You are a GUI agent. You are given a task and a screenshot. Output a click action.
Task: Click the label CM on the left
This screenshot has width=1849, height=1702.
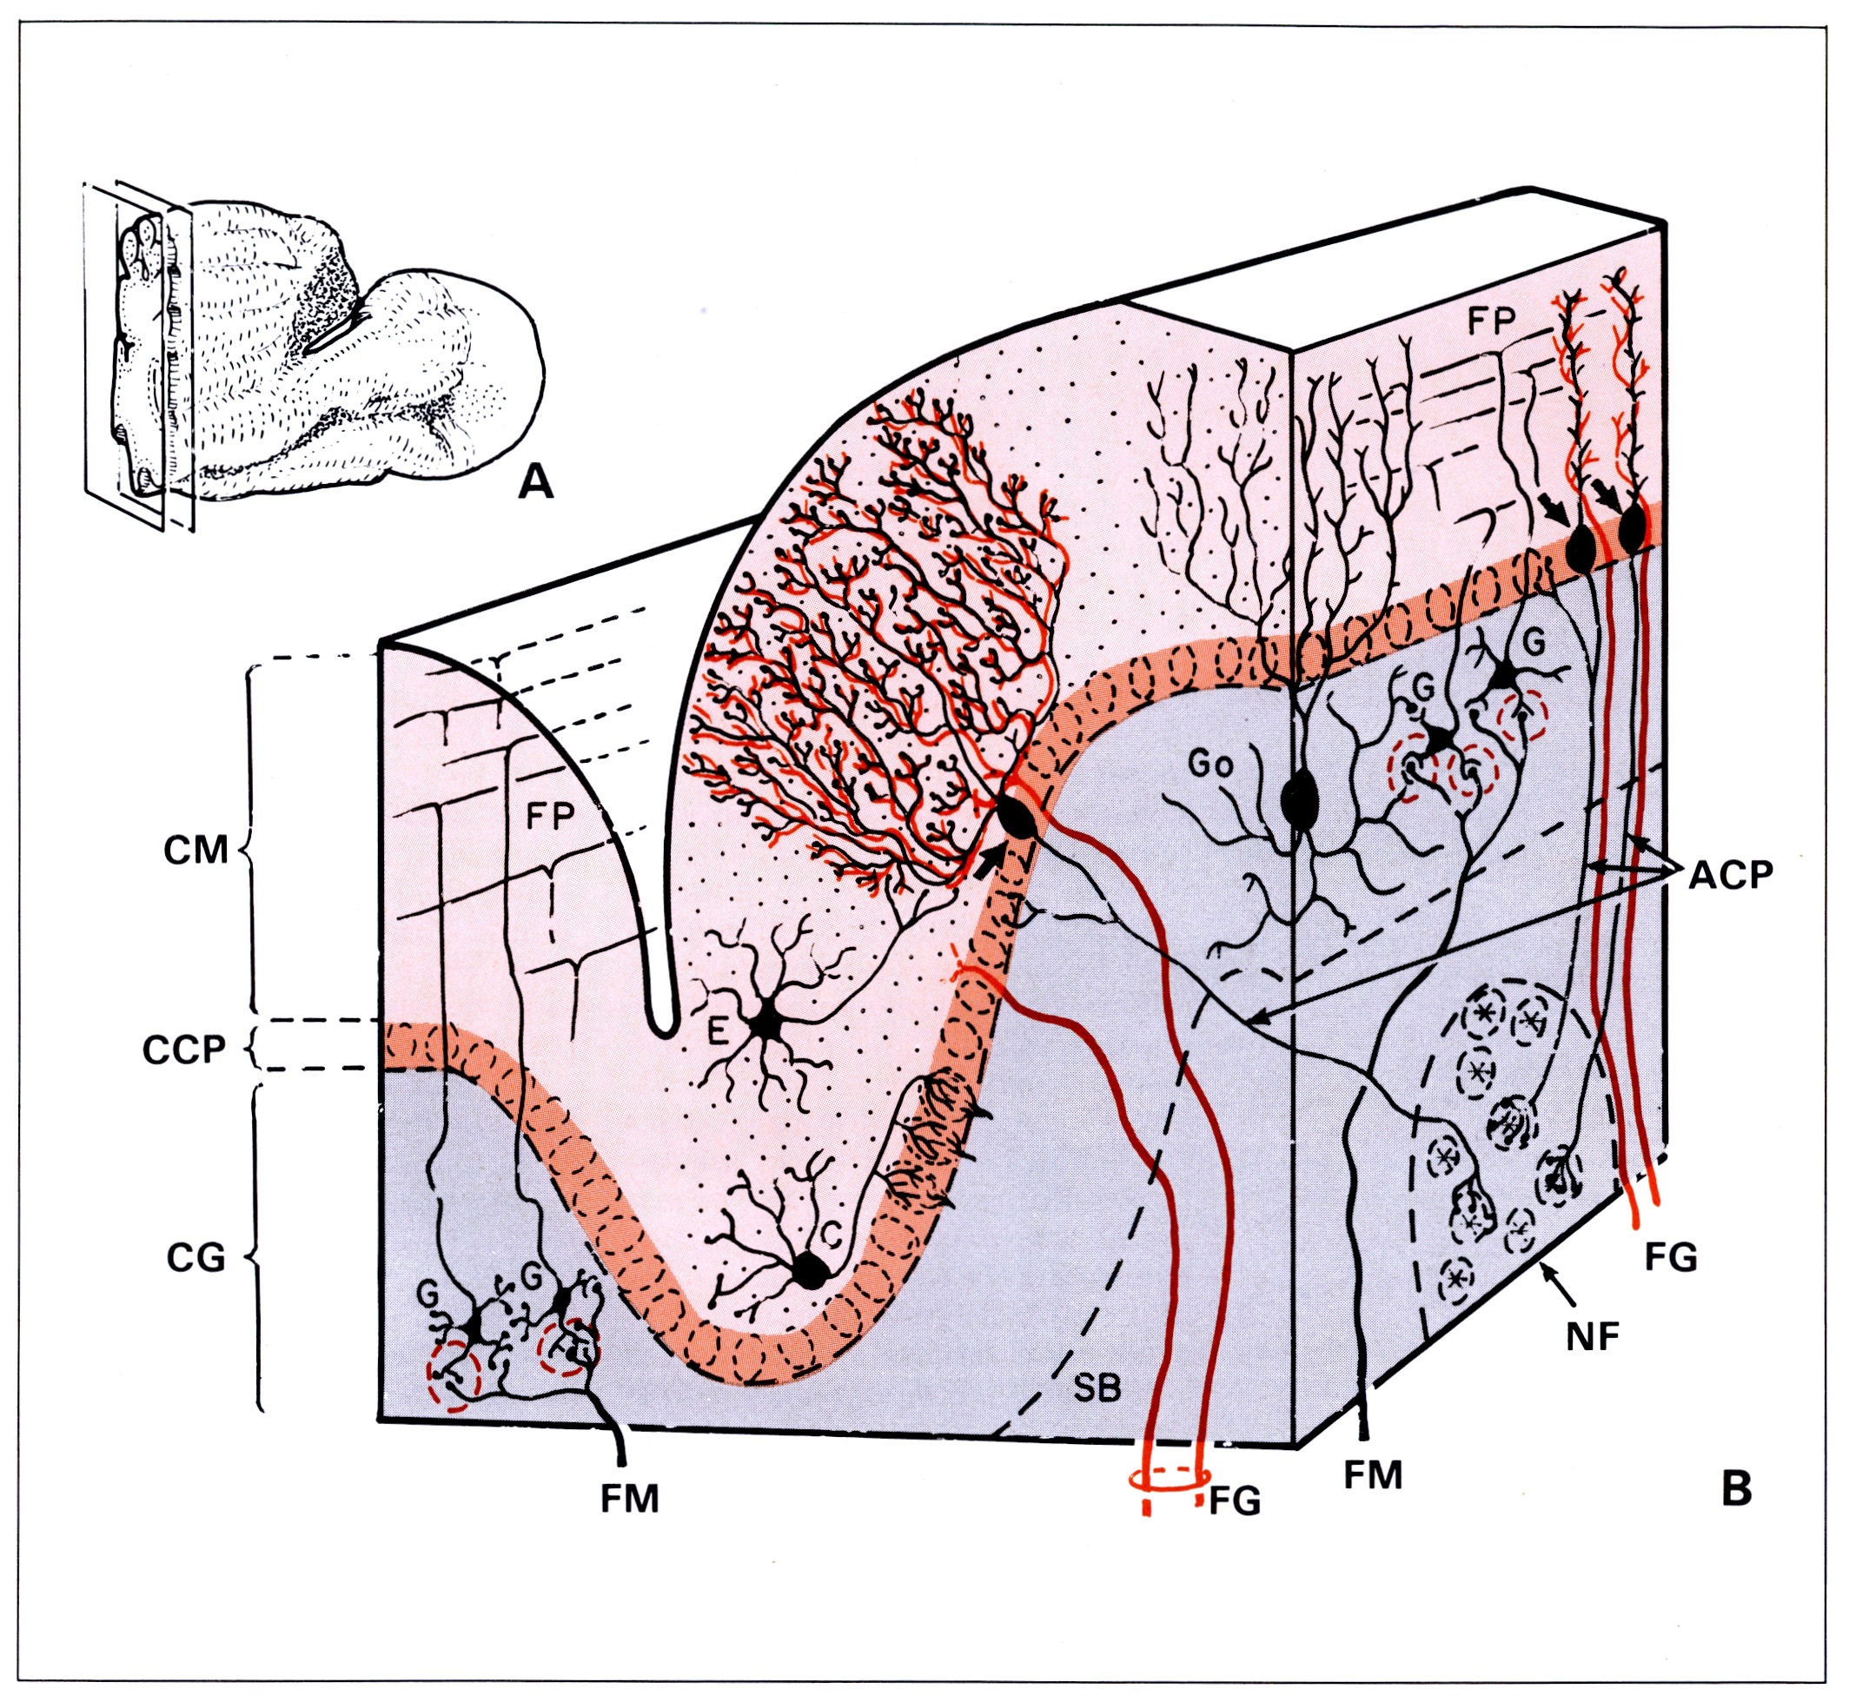[x=196, y=850]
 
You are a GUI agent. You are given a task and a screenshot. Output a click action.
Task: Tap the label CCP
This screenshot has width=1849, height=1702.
[x=184, y=1050]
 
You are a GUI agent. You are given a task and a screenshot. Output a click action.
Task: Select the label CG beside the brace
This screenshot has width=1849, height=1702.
[x=196, y=1258]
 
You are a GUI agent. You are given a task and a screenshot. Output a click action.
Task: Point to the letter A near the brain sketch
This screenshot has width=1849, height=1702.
[x=536, y=480]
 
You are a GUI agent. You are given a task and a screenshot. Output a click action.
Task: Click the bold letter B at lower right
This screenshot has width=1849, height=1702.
[x=1736, y=1487]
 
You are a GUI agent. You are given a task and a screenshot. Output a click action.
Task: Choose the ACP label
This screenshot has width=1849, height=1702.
[x=1730, y=874]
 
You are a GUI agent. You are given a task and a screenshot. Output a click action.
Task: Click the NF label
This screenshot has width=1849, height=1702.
[x=1593, y=1336]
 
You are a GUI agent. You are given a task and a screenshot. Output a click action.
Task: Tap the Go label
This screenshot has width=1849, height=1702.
[x=1210, y=765]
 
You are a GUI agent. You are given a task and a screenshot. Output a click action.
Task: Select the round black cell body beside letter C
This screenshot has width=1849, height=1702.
[x=811, y=1270]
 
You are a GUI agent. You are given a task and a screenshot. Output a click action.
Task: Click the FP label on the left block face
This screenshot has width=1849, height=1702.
[x=550, y=815]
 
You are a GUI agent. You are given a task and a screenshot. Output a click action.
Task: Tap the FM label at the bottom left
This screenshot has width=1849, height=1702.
[x=630, y=1500]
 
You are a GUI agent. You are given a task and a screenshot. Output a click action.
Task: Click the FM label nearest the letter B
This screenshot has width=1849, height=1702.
[x=1373, y=1474]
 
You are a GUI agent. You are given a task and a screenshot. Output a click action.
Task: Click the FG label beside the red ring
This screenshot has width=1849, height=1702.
[x=1234, y=1501]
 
